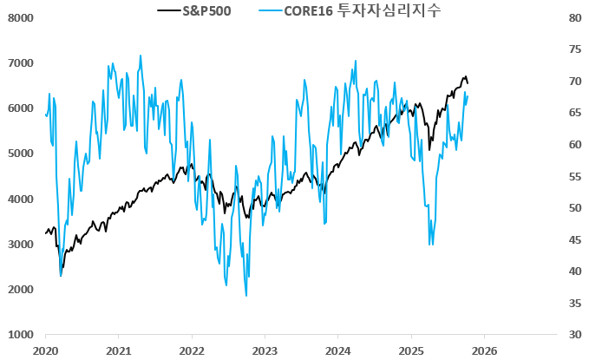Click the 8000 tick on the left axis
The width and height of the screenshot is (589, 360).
coord(20,18)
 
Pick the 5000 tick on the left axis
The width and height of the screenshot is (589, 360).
coord(20,154)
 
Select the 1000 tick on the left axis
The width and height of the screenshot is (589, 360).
coord(20,335)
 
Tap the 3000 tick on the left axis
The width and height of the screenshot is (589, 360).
coord(20,245)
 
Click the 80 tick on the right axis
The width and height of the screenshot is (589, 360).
coord(573,18)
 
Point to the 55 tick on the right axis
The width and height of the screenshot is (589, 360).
coord(573,176)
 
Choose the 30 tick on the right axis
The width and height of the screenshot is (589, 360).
coord(573,335)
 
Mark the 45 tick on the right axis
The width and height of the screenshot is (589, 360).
coord(573,239)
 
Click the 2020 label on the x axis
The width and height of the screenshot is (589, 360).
coord(45,350)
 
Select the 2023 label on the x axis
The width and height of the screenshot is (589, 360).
coord(265,350)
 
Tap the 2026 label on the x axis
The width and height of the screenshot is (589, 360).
coord(484,350)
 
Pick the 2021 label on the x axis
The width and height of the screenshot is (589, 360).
coord(118,350)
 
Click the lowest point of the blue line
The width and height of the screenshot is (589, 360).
coord(245,296)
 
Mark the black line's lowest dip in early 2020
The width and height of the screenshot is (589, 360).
coord(61,267)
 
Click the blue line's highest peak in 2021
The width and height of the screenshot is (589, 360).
coord(141,56)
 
